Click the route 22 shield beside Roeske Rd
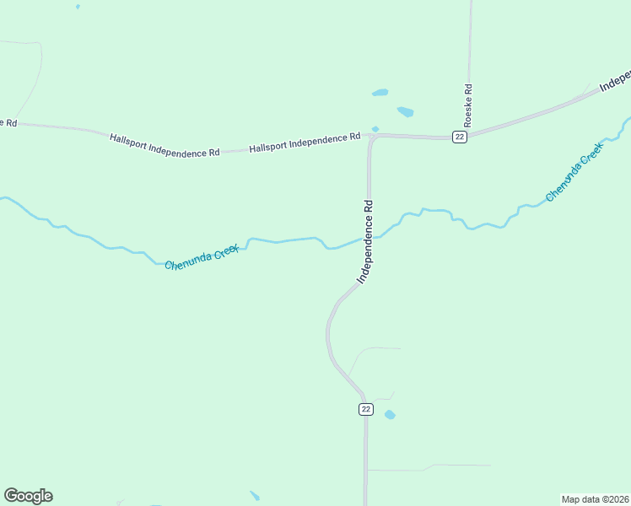[459, 137]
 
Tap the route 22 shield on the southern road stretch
[365, 409]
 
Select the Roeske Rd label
[468, 105]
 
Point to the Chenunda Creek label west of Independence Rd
[202, 258]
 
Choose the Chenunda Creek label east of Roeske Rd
[574, 172]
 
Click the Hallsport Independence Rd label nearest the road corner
[305, 142]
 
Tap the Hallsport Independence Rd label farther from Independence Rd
[164, 144]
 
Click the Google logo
[28, 496]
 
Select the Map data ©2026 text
[595, 499]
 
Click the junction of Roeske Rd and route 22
[469, 135]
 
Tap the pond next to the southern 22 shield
[390, 415]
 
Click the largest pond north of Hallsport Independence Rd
[406, 111]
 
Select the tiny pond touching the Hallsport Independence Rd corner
[375, 129]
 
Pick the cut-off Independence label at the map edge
[616, 81]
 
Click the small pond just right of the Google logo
[255, 496]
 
